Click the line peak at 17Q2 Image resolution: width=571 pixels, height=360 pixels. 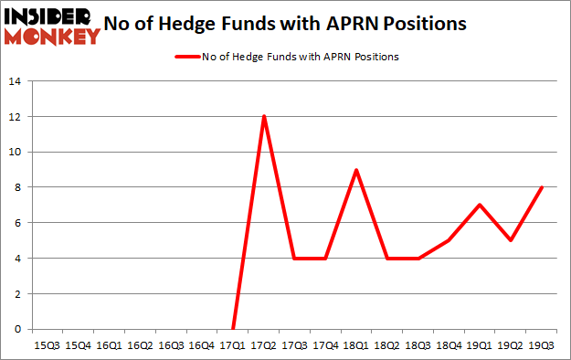click(x=264, y=116)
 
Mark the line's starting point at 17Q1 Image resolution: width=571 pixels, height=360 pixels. click(x=233, y=329)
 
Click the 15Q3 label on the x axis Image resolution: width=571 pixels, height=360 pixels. click(x=46, y=345)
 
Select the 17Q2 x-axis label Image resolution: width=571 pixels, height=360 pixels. click(x=264, y=345)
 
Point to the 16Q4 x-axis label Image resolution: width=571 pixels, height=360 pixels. click(x=202, y=345)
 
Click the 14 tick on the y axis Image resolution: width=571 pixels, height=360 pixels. click(x=15, y=81)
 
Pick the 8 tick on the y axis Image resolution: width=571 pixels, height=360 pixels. click(x=17, y=187)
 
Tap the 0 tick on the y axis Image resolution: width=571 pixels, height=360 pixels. click(x=17, y=329)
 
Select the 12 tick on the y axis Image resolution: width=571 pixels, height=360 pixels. click(x=15, y=117)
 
